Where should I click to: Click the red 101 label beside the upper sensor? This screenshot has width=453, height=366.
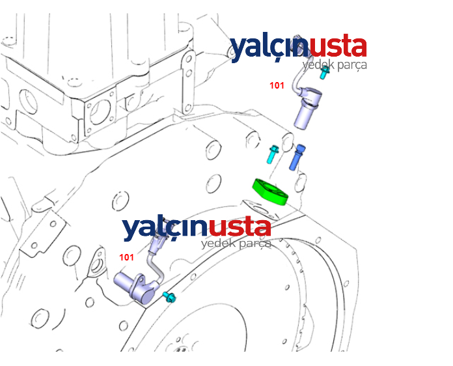click(x=277, y=85)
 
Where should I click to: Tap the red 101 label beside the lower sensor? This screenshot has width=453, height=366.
click(x=126, y=258)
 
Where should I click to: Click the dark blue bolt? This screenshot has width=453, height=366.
click(x=297, y=157)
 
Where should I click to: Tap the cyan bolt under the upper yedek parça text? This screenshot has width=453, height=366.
click(x=324, y=73)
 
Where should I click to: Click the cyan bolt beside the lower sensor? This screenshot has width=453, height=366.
click(x=169, y=297)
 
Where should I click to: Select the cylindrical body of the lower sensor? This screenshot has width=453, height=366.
click(x=132, y=284)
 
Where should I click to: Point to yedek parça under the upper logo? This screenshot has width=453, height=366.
click(x=335, y=65)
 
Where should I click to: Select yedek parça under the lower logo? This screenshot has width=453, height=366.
click(x=236, y=244)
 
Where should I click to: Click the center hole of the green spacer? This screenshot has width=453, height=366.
click(x=269, y=190)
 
